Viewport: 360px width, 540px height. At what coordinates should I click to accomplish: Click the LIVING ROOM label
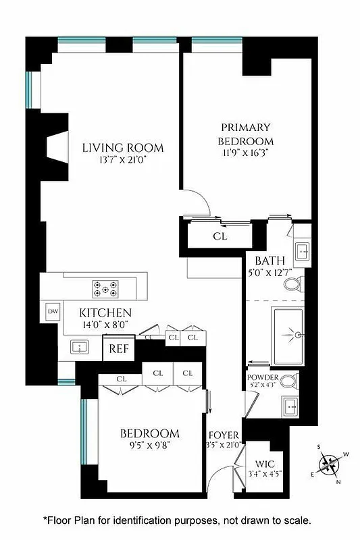pos(122,148)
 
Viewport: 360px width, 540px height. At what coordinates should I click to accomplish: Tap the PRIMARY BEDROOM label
pos(245,134)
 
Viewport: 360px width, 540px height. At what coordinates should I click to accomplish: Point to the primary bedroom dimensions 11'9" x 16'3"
pos(245,153)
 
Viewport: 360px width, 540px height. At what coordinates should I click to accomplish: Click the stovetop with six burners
pos(105,288)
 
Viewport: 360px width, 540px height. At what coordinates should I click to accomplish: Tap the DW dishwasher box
pos(53,311)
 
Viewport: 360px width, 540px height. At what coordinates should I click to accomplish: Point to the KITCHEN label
pos(105,313)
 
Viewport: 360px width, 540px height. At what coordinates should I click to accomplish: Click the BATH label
pos(269,261)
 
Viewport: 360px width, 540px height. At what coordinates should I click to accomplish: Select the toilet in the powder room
pos(289,381)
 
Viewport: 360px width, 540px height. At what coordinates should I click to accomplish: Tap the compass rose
pos(330,464)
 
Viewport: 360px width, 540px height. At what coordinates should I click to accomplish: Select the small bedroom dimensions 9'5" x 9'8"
pos(149,446)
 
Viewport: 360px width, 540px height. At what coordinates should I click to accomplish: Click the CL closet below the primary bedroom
pos(220,236)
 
